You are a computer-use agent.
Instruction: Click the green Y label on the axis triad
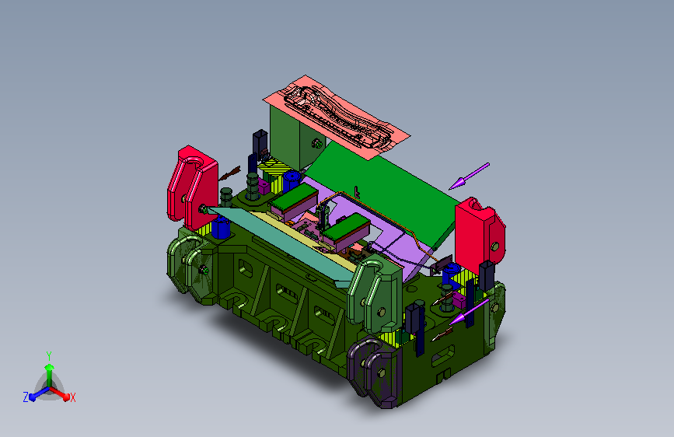pyautogui.click(x=49, y=356)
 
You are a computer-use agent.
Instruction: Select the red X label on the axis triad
pyautogui.click(x=72, y=398)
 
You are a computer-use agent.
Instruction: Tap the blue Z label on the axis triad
pyautogui.click(x=26, y=397)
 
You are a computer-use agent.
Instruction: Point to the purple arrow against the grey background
pyautogui.click(x=469, y=176)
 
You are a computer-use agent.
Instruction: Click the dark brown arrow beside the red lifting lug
pyautogui.click(x=229, y=173)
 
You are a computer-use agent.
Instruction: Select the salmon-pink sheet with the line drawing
pyautogui.click(x=336, y=117)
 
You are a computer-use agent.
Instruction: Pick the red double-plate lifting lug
pyautogui.click(x=193, y=187)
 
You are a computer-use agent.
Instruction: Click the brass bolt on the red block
pyautogui.click(x=494, y=246)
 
